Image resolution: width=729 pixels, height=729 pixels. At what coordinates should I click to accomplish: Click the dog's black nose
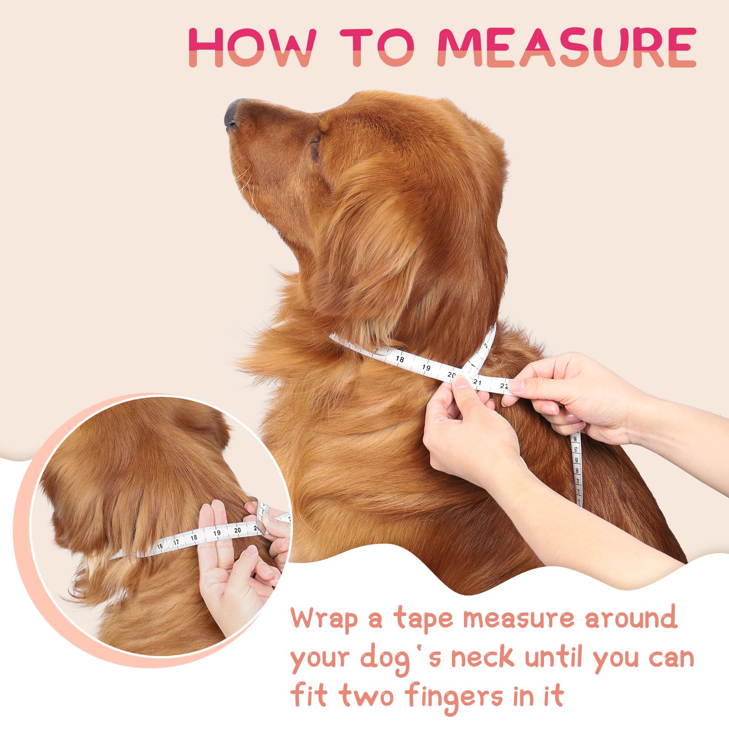coord(231,114)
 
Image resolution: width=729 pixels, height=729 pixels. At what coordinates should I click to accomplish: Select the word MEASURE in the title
coord(567,47)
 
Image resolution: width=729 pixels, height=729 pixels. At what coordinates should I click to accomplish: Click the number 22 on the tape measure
coord(504,385)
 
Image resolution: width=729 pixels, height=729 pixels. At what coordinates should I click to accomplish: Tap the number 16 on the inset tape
coord(159,546)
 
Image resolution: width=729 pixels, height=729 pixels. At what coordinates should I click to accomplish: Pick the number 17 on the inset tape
coord(176,542)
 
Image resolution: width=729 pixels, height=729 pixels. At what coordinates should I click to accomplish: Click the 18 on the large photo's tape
coord(400,359)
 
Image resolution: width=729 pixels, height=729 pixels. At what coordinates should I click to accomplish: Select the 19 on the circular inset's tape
coord(217,533)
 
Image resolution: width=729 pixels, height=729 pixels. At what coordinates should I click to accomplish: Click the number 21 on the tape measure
coord(477,382)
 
